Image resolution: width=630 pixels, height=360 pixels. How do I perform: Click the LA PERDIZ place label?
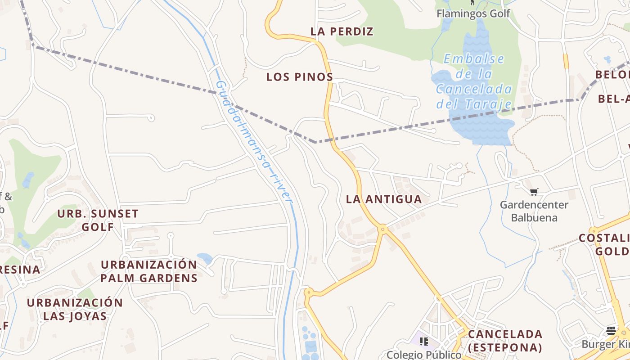(x=342, y=31)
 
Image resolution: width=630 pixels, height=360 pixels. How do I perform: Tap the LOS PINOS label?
(x=299, y=77)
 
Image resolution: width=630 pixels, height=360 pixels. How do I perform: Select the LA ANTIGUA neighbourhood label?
(x=384, y=199)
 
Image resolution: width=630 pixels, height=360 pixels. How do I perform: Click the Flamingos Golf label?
(x=473, y=13)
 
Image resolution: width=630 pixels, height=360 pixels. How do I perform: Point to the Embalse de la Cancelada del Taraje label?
(x=474, y=81)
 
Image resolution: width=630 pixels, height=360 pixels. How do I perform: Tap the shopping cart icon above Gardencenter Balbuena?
(x=534, y=192)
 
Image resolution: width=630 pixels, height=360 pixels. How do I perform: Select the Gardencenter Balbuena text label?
(x=534, y=211)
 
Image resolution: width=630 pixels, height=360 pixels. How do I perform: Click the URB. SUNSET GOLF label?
(x=98, y=220)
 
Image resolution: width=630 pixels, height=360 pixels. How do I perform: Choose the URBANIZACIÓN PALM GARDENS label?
(x=149, y=271)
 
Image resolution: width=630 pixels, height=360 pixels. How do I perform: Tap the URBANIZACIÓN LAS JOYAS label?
(x=75, y=309)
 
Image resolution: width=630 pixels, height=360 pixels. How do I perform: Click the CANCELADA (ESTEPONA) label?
(x=505, y=341)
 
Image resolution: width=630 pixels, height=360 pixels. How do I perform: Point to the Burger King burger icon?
(x=611, y=331)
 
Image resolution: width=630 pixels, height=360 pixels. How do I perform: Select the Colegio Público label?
(x=424, y=355)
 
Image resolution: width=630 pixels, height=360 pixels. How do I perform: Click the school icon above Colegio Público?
(x=424, y=342)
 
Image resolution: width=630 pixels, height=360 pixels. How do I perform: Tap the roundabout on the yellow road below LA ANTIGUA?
(x=383, y=229)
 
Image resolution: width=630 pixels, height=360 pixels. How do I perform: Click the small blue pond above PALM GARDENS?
(x=205, y=258)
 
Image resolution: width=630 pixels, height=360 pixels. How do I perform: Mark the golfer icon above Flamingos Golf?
(x=472, y=2)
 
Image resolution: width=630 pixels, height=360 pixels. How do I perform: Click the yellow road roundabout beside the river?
(x=308, y=292)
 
